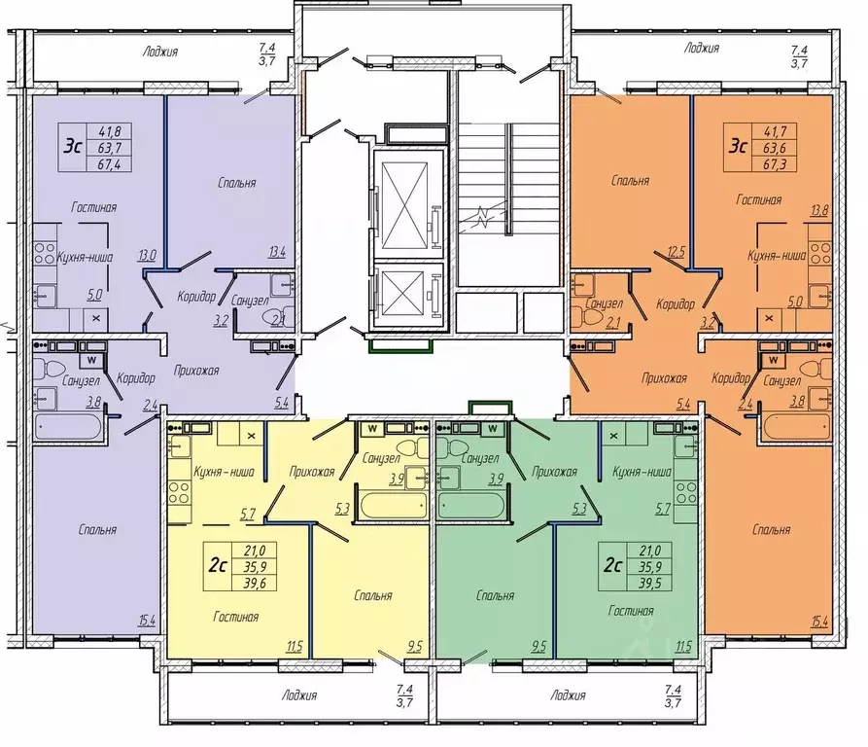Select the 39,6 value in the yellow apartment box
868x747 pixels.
[x=255, y=583]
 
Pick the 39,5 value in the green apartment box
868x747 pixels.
[x=650, y=583]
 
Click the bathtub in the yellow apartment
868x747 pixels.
[x=394, y=505]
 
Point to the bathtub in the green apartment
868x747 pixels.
[x=471, y=505]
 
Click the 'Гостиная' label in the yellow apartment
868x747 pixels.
[x=236, y=617]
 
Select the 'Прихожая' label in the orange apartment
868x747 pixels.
[x=664, y=377]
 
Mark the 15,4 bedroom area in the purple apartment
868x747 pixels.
[x=147, y=620]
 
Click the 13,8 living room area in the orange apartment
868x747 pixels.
[x=818, y=210]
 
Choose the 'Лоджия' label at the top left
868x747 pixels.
[x=160, y=52]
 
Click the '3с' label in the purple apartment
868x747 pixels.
[x=73, y=147]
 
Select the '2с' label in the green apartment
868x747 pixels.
[x=612, y=565]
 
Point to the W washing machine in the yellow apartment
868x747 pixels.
[x=372, y=428]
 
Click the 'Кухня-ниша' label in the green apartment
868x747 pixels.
[x=642, y=472]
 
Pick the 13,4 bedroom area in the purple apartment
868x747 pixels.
[x=277, y=252]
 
